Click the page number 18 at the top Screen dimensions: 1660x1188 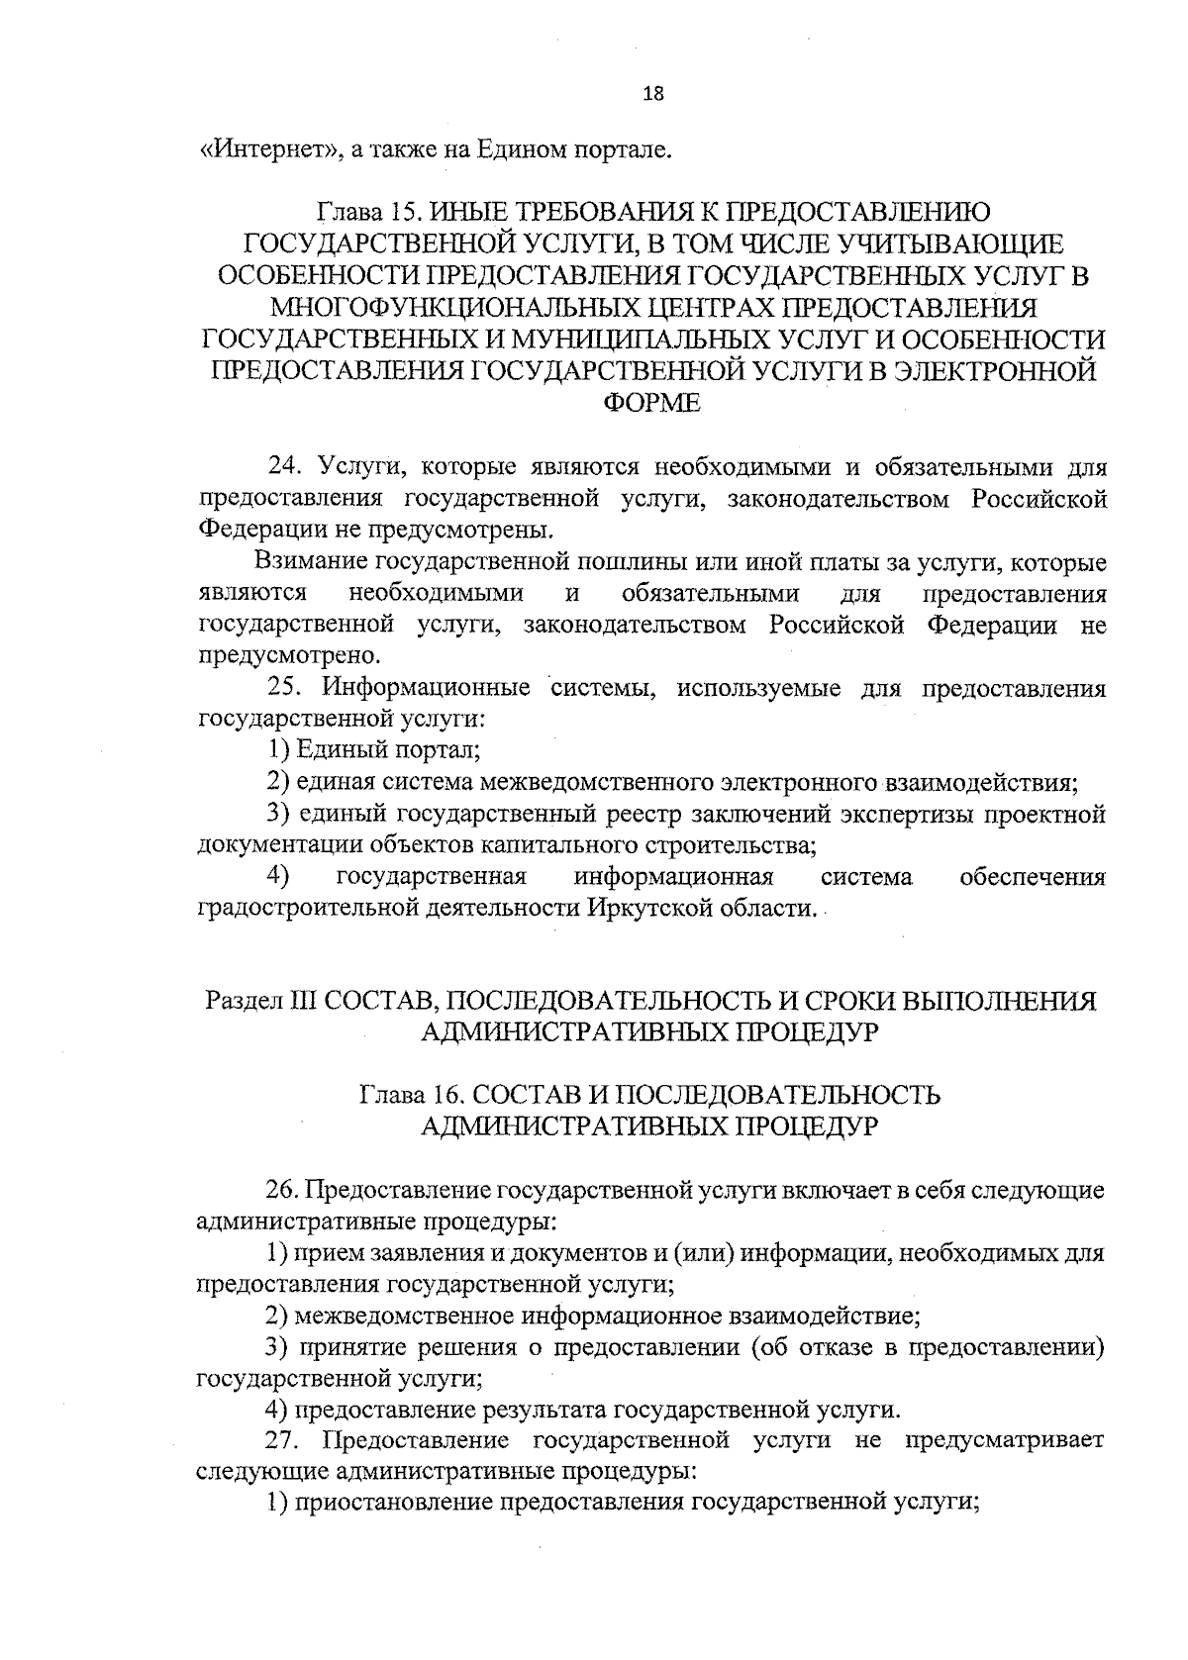(652, 94)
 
